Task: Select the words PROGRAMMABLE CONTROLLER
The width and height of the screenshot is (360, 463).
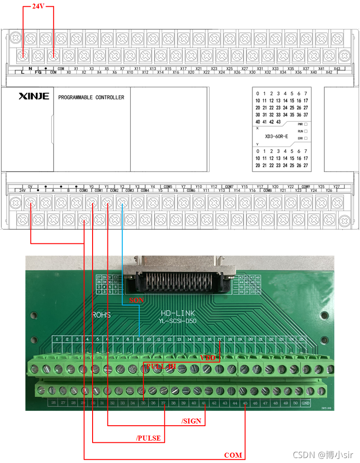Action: tap(91, 97)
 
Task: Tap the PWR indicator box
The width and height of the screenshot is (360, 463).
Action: tap(306, 124)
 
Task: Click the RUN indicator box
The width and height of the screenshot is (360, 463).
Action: tap(306, 131)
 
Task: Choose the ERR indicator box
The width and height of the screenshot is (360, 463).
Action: tap(306, 138)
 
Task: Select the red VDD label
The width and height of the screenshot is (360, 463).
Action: tap(208, 358)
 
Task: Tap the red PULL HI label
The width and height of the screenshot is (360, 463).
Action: tap(161, 366)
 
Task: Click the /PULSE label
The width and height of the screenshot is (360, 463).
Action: tap(148, 438)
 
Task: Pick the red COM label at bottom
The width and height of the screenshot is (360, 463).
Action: tap(233, 455)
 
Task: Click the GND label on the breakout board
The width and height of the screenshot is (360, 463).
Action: tap(306, 403)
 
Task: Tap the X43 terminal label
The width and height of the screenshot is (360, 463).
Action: tap(337, 69)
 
